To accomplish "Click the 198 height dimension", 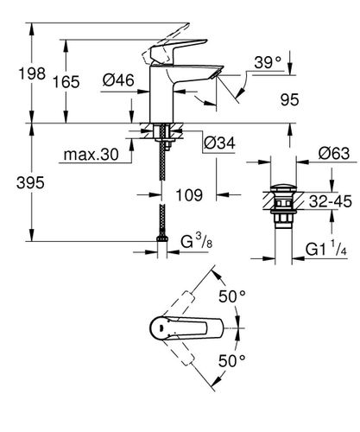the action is (32, 73).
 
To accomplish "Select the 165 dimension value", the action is (66, 82).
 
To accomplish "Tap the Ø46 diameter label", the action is (118, 79).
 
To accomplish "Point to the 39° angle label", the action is (268, 62).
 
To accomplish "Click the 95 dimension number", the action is (290, 99).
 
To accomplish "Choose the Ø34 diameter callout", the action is (219, 143).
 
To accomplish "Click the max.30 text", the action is (91, 155).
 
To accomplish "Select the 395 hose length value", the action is (30, 182).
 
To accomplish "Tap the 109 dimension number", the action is (189, 195).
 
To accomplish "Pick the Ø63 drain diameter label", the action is (334, 153).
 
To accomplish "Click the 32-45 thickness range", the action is (331, 201).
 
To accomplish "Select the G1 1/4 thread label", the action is (326, 248).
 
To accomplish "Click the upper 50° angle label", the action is (232, 296).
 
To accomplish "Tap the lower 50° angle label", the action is (232, 360).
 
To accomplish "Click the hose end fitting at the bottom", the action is (162, 238).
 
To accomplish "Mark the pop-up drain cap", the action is (284, 189).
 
